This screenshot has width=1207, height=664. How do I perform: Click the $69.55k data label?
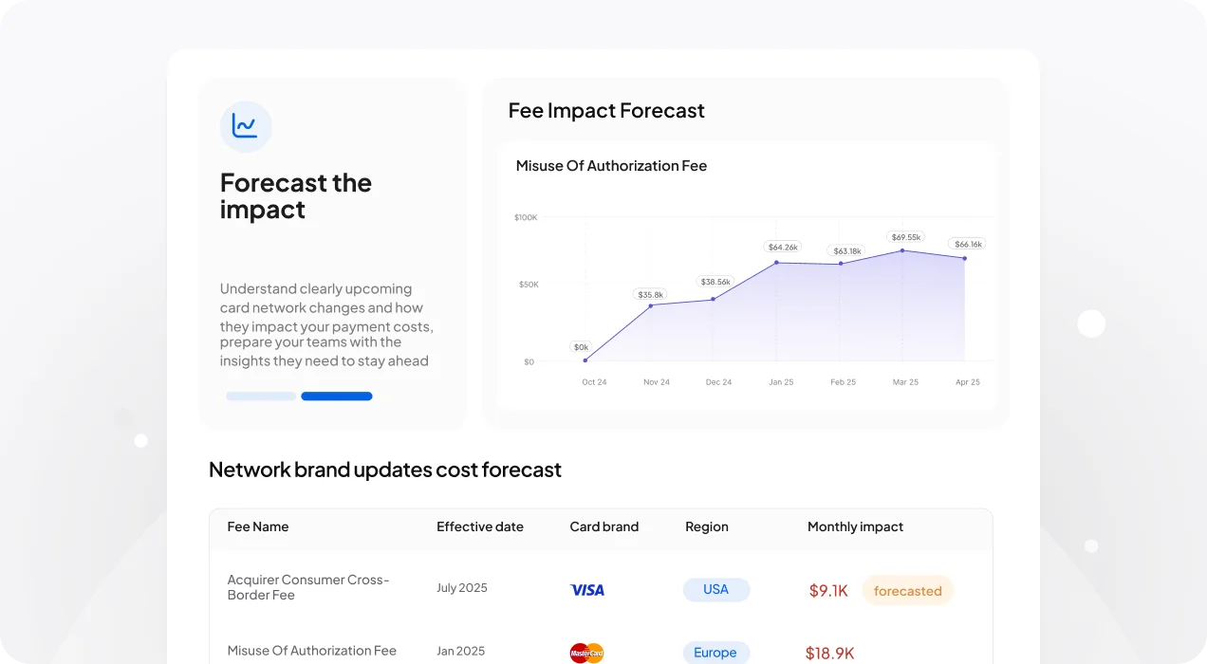pyautogui.click(x=906, y=237)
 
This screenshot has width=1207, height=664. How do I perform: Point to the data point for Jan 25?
pyautogui.click(x=776, y=263)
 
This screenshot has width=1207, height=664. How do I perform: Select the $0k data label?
pyautogui.click(x=581, y=347)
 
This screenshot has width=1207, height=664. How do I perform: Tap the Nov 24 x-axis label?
pyautogui.click(x=657, y=382)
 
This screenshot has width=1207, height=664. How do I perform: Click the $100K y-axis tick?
pyautogui.click(x=526, y=217)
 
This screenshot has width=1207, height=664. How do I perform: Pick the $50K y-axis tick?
pyautogui.click(x=529, y=285)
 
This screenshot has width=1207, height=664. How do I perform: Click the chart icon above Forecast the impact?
pyautogui.click(x=246, y=127)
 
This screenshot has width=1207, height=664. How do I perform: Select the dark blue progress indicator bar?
pyautogui.click(x=337, y=397)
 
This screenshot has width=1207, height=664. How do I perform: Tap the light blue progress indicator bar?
pyautogui.click(x=261, y=397)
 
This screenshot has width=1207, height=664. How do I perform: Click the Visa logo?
pyautogui.click(x=587, y=590)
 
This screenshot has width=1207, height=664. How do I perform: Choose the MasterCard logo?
pyautogui.click(x=586, y=654)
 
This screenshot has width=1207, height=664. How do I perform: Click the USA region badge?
pyautogui.click(x=716, y=590)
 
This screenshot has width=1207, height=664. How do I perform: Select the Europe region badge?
pyautogui.click(x=715, y=653)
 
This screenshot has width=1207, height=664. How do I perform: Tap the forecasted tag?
pyautogui.click(x=908, y=591)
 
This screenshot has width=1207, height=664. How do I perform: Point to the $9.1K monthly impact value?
pyautogui.click(x=828, y=591)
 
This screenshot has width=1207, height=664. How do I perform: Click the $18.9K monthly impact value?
pyautogui.click(x=829, y=654)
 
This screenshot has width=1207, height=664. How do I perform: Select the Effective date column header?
pyautogui.click(x=480, y=526)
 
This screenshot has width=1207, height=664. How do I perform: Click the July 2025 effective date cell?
pyautogui.click(x=462, y=587)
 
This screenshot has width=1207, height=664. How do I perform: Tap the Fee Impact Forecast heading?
pyautogui.click(x=606, y=110)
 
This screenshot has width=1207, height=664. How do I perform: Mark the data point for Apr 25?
pyautogui.click(x=964, y=259)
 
